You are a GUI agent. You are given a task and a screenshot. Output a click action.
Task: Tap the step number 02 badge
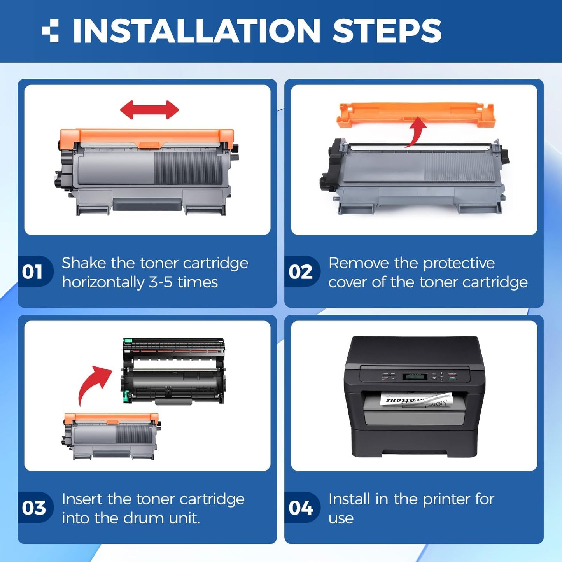(300, 271)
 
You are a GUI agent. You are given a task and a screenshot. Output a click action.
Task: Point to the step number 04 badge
(300, 508)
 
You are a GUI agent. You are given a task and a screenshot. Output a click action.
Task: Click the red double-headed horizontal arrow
(149, 110)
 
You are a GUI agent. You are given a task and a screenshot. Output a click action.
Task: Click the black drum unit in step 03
(173, 371)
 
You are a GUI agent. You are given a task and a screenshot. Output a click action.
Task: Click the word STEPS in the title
(387, 31)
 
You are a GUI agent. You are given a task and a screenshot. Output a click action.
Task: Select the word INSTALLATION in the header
(196, 31)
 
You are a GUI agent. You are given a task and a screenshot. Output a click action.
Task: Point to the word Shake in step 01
(84, 263)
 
